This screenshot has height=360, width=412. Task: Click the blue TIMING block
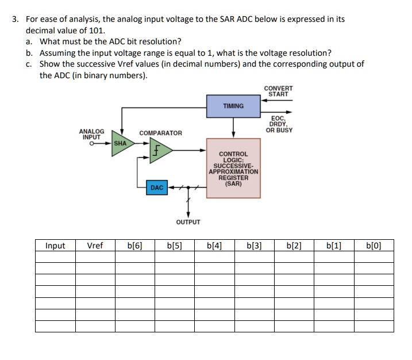click(233, 106)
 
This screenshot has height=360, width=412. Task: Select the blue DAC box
click(157, 188)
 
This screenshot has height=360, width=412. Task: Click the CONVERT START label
click(278, 91)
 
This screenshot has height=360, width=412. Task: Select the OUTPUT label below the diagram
click(188, 222)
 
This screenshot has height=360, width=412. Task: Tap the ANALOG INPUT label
click(92, 134)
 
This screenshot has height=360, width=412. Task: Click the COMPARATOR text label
click(160, 133)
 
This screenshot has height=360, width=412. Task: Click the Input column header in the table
click(55, 246)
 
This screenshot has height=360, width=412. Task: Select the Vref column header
click(95, 246)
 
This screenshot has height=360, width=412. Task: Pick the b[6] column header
click(135, 246)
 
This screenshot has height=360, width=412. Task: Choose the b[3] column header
click(254, 246)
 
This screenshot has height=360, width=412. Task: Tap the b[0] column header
click(374, 246)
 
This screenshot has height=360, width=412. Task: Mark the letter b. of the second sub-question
click(29, 52)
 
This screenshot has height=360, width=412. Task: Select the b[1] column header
click(334, 246)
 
